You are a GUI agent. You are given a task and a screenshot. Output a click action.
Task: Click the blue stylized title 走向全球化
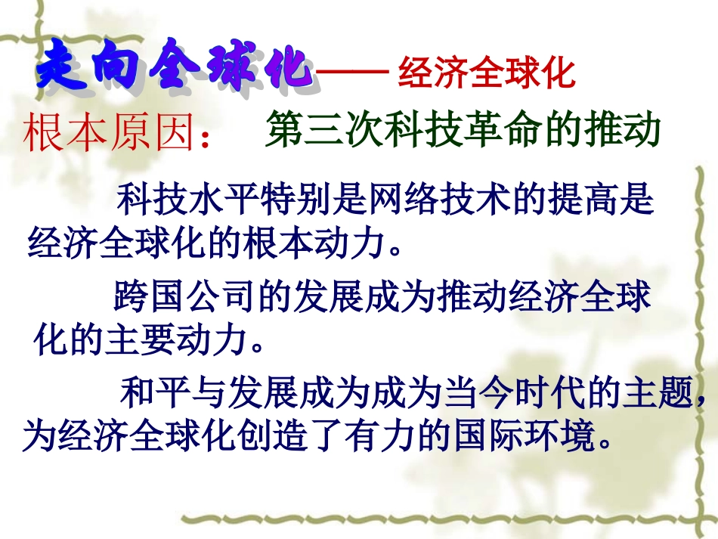pyautogui.click(x=174, y=67)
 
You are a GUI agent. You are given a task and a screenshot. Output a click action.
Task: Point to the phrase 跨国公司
pyautogui.click(x=182, y=297)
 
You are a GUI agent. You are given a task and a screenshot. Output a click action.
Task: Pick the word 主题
pyautogui.click(x=665, y=392)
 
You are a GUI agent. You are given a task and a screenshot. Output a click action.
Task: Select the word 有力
pyautogui.click(x=370, y=436)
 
